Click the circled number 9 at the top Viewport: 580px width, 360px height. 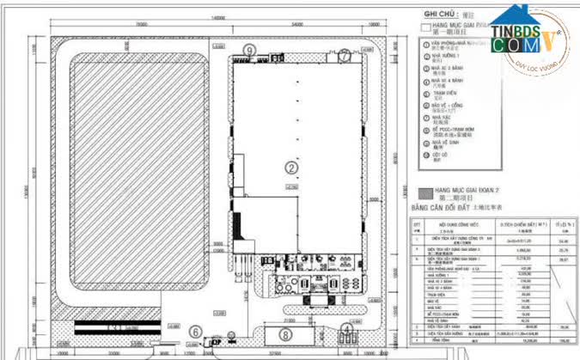[x=248, y=52]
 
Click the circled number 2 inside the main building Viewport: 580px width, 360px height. [x=291, y=167]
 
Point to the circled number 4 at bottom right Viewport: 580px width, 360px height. [x=345, y=328]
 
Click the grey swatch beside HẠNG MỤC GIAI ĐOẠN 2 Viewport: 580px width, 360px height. [x=422, y=190]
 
